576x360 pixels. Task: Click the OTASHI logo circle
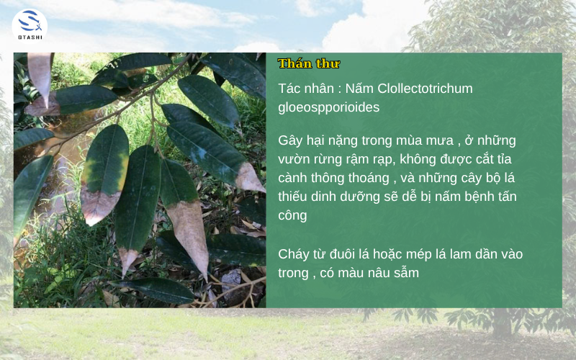30,26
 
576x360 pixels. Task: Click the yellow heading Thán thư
309,63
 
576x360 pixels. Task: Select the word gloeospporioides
328,107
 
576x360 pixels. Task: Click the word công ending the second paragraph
294,215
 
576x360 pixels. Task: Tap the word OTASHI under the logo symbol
30,38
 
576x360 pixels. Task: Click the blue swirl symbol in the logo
30,22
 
